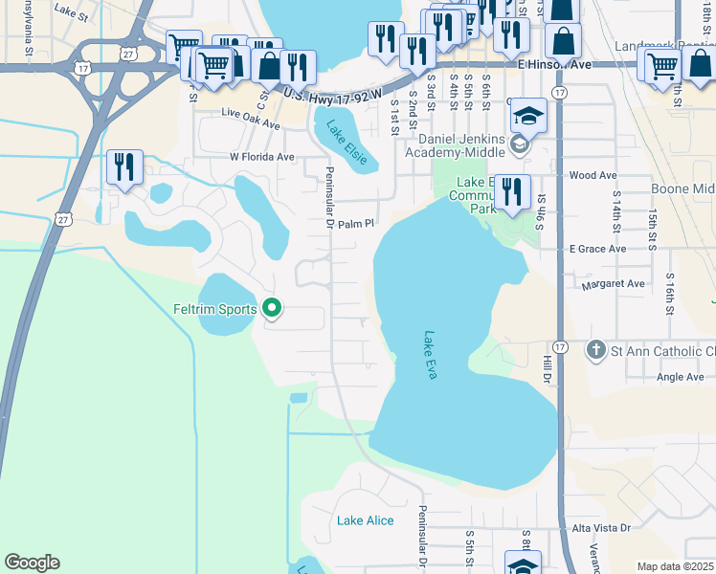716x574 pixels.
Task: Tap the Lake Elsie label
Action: click(347, 143)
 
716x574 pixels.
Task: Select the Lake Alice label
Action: click(365, 520)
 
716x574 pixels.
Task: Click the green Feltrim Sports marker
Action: click(272, 308)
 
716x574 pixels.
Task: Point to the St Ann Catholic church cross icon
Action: click(596, 349)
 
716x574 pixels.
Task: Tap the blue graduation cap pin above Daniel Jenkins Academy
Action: click(528, 116)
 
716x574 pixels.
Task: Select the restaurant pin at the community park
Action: click(513, 191)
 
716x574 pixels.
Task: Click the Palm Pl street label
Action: click(352, 223)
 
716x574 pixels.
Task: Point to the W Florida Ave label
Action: click(261, 157)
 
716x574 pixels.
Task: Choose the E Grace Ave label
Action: click(597, 249)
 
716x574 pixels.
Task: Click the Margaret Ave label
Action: click(613, 284)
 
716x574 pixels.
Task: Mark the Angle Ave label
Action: click(681, 377)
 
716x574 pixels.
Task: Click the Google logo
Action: click(32, 563)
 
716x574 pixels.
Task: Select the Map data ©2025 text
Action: click(674, 566)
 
